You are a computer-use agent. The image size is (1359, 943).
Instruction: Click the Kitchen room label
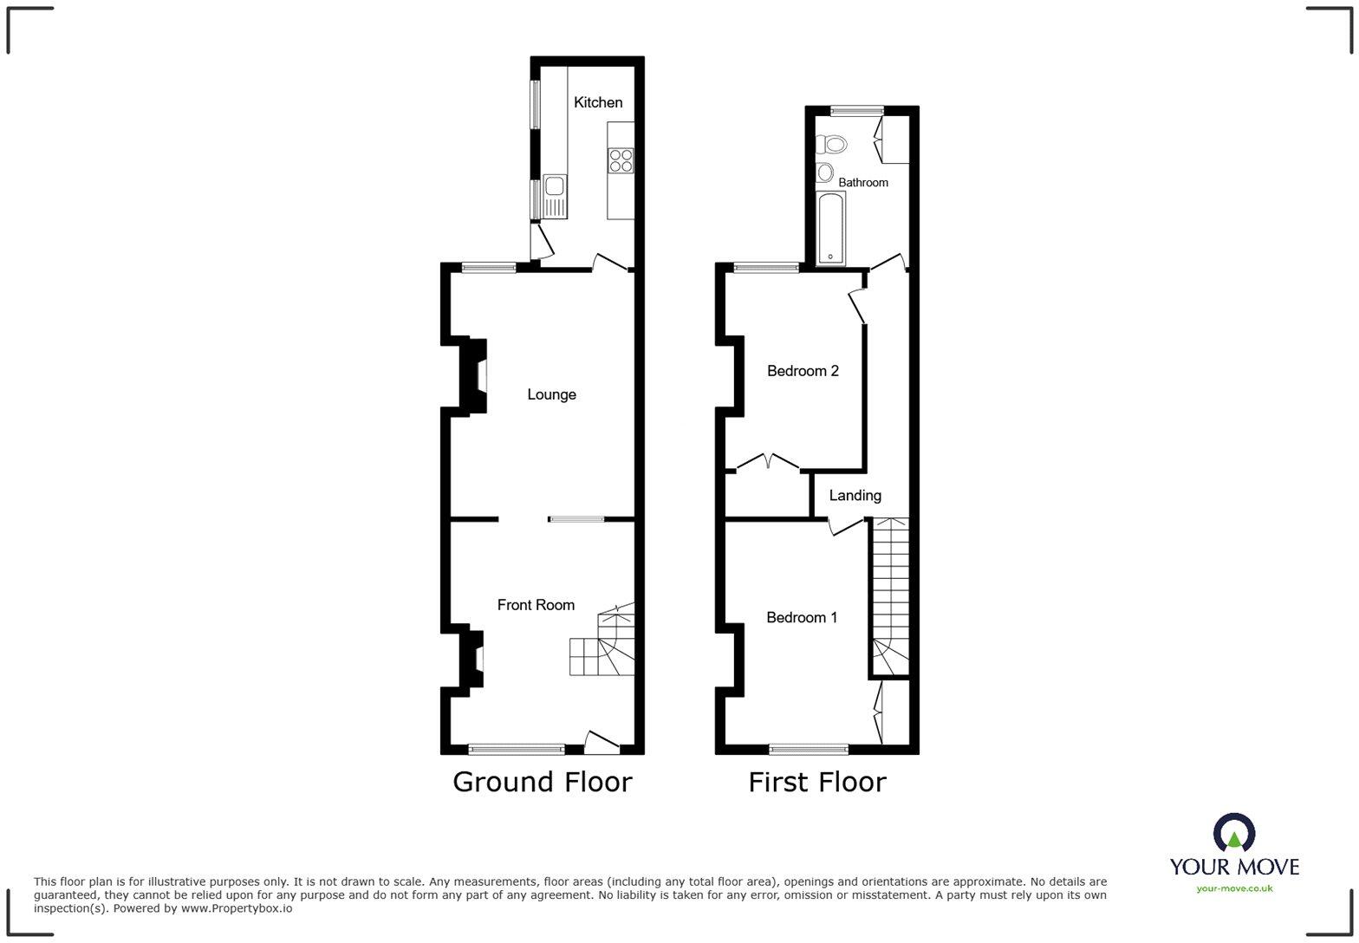click(598, 102)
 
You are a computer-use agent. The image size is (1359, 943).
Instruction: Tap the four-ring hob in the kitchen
click(621, 160)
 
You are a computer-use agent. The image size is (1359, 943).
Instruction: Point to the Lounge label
click(551, 394)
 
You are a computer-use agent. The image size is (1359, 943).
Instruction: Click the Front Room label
click(536, 605)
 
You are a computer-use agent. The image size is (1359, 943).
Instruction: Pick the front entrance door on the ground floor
click(601, 741)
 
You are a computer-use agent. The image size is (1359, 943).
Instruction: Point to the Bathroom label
click(862, 183)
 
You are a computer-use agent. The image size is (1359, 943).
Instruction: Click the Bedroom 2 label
click(803, 371)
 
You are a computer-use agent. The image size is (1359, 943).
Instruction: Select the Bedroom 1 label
click(802, 618)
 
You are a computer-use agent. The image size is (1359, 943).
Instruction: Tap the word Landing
click(855, 496)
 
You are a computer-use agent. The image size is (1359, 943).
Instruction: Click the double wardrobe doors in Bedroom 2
click(768, 461)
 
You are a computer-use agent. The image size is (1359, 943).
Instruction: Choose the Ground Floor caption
click(543, 782)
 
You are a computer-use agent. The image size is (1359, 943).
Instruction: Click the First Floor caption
click(817, 782)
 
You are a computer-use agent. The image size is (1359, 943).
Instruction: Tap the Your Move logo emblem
click(1234, 833)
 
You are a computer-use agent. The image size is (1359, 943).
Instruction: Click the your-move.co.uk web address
click(1234, 888)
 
